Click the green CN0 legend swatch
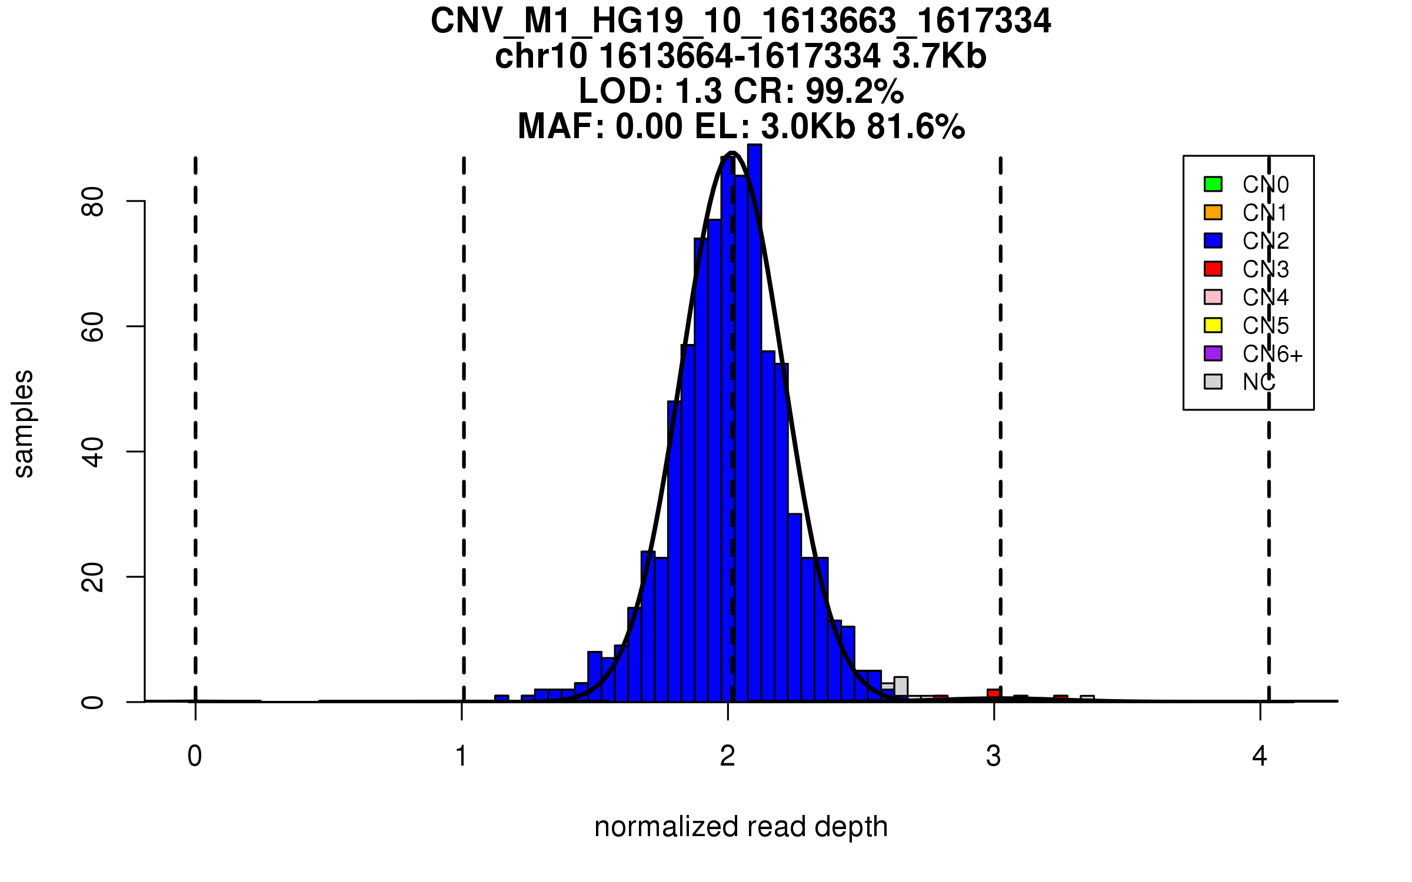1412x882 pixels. tap(1213, 184)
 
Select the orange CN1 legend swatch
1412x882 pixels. tap(1213, 212)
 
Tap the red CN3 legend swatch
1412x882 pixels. tap(1213, 269)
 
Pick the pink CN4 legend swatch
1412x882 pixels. tap(1213, 297)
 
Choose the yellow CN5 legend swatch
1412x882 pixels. tap(1213, 325)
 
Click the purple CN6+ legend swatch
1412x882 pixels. tap(1213, 353)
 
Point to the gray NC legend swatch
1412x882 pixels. tap(1213, 382)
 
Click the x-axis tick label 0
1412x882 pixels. tap(195, 756)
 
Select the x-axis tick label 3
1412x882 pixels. tap(994, 756)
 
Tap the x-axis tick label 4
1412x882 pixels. tap(1260, 756)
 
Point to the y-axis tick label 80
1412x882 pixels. tap(93, 202)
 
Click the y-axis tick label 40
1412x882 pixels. tap(93, 452)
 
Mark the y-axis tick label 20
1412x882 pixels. tap(93, 577)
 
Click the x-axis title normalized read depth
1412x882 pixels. tap(741, 827)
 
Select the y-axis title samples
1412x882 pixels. tap(24, 423)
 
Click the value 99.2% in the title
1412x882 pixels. tap(854, 91)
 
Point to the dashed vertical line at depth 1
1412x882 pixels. tap(464, 412)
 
